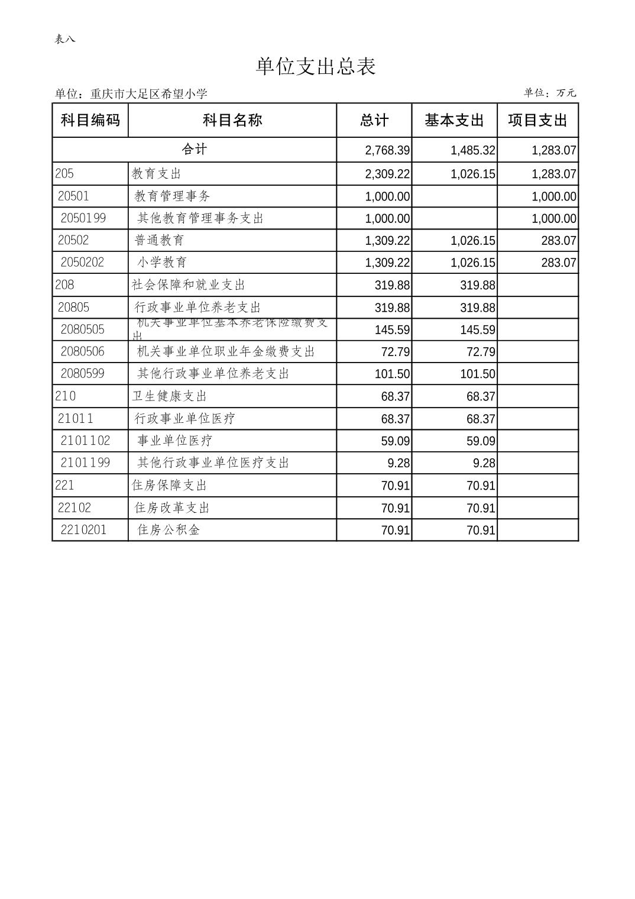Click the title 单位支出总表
coord(316,66)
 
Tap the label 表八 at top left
coord(65,40)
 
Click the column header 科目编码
coord(90,121)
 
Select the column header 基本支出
coord(454,121)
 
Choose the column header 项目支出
coord(537,121)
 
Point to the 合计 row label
coord(194,150)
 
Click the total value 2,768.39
coord(387,151)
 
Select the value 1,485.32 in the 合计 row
coord(472,151)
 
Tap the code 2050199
coord(83,218)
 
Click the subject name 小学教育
coord(163,263)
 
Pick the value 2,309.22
coord(387,174)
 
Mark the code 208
coord(64,285)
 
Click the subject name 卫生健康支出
coord(170,396)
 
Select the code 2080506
coord(83,352)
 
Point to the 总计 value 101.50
coord(392,374)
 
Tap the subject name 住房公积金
coord(169,530)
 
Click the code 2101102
coord(85,441)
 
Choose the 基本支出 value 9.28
coord(484,463)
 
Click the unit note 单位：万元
coord(549,93)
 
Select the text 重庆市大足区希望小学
coord(148,94)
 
